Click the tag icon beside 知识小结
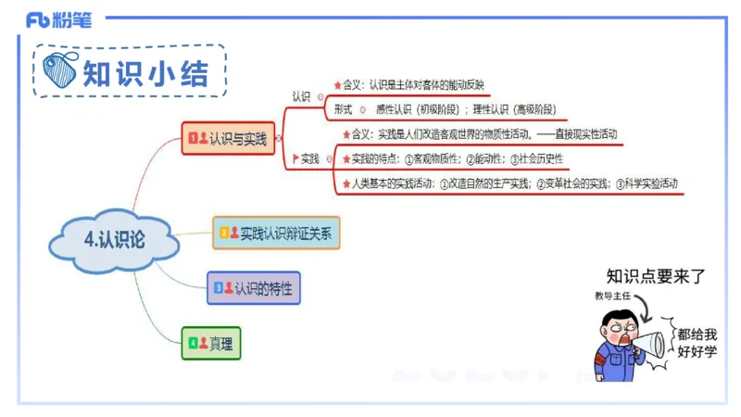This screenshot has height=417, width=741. pos(60,70)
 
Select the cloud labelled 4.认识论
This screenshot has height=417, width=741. pos(114,239)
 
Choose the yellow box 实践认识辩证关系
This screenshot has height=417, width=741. pos(277,233)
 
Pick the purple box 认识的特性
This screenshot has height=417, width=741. pos(255,288)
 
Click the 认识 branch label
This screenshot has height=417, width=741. pos(301,95)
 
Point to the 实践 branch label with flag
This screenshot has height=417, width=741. pos(307,159)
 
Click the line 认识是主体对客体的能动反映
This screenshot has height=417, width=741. pos(421,85)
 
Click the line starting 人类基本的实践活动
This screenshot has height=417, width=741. pos(514,183)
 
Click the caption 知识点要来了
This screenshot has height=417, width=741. pos(656,275)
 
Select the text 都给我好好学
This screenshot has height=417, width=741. pos(697,342)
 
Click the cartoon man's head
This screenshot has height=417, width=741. pos(616,326)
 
